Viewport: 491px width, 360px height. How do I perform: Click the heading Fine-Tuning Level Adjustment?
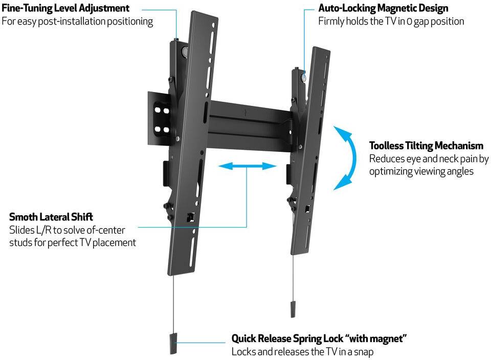pos(65,9)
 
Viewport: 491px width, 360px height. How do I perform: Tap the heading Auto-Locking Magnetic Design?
pos(383,9)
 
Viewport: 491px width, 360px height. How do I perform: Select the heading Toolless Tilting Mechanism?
pos(426,146)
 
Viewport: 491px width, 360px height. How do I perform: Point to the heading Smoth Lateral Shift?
pos(51,217)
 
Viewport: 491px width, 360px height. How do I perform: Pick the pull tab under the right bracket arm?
pos(293,308)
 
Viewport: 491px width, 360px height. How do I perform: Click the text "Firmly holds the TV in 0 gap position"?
pos(391,21)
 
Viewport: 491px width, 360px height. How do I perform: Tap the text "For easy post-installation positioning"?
pos(77,21)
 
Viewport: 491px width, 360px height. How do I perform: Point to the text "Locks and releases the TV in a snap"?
pos(302,352)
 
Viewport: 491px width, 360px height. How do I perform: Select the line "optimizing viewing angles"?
pos(421,171)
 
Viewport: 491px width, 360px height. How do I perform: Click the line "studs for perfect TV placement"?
pos(73,242)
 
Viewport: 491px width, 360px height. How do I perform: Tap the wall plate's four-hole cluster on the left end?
pos(162,119)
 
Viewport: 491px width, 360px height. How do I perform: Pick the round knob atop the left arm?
pos(184,52)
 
